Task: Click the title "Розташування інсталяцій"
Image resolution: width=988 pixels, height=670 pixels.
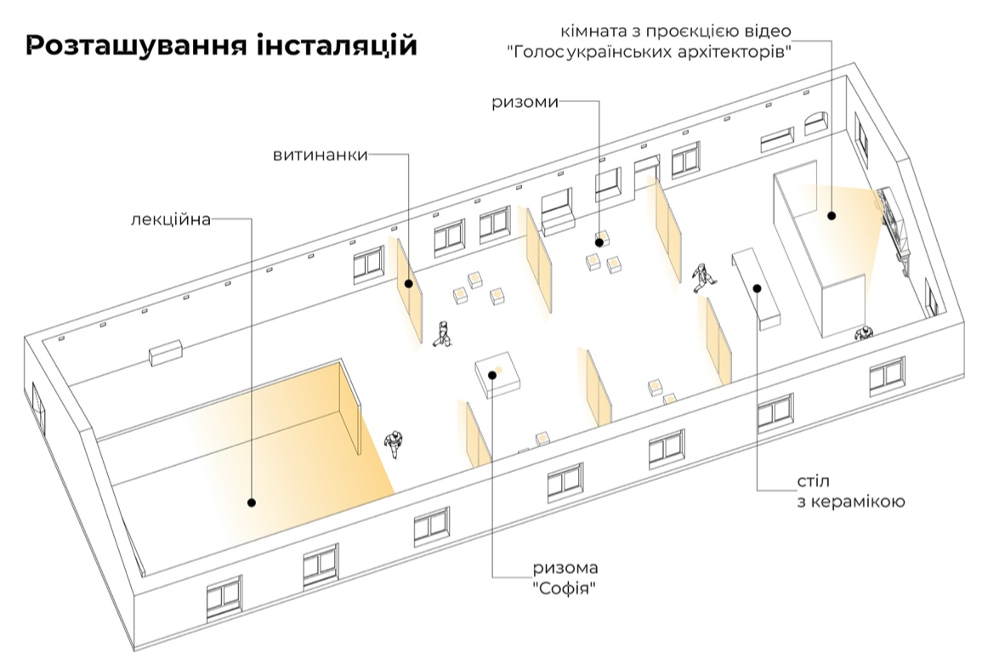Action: point(221,45)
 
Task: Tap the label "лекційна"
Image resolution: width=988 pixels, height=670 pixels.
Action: point(170,219)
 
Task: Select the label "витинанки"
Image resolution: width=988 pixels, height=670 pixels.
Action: point(321,155)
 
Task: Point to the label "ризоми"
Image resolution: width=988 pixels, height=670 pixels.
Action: point(525,102)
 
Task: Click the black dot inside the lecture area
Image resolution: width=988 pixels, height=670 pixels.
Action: point(252,503)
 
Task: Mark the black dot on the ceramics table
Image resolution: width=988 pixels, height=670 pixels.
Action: point(756,288)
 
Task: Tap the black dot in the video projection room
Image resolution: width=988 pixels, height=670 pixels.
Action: point(832,216)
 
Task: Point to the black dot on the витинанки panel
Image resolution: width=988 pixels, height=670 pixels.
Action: point(409,284)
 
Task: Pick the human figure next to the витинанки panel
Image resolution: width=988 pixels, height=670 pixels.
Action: point(442,334)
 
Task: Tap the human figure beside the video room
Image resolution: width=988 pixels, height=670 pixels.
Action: point(864,332)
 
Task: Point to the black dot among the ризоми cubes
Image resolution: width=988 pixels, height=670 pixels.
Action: point(599,242)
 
